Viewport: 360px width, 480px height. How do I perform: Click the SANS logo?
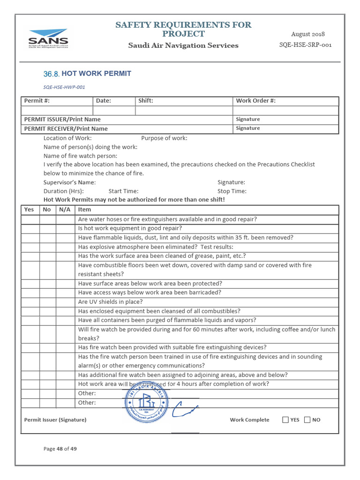click(x=48, y=38)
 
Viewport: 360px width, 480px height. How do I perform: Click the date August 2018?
click(x=307, y=34)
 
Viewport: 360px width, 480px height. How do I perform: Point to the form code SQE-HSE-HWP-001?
click(x=64, y=87)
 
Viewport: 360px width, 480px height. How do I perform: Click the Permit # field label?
click(x=37, y=101)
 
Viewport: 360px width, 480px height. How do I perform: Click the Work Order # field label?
click(x=255, y=101)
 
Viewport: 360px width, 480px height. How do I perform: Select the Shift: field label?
click(x=145, y=101)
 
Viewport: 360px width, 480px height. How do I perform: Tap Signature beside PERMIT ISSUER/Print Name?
click(x=248, y=120)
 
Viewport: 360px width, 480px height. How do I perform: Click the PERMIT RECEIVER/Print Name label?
click(x=66, y=128)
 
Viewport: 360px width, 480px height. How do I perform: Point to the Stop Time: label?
click(x=232, y=191)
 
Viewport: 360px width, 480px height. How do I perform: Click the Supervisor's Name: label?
click(x=69, y=182)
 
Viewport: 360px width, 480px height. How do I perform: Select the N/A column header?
click(x=65, y=210)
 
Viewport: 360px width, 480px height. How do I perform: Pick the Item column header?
click(x=84, y=210)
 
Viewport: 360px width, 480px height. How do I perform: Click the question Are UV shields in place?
click(x=110, y=302)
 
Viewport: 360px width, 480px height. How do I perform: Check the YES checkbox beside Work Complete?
click(x=285, y=420)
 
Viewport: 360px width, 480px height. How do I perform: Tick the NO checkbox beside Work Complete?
click(x=307, y=420)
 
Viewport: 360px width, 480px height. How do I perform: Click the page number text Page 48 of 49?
click(x=60, y=449)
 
